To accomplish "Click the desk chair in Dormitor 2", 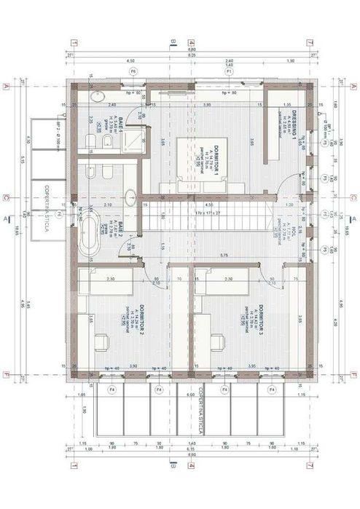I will coord(103,340).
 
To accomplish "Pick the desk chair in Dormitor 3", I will coord(217,340).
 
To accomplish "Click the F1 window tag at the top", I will coord(228,72).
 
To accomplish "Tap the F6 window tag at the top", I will coord(133,72).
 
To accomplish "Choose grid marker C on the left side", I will coord(7,197).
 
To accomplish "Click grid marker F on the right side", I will coord(353,376).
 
